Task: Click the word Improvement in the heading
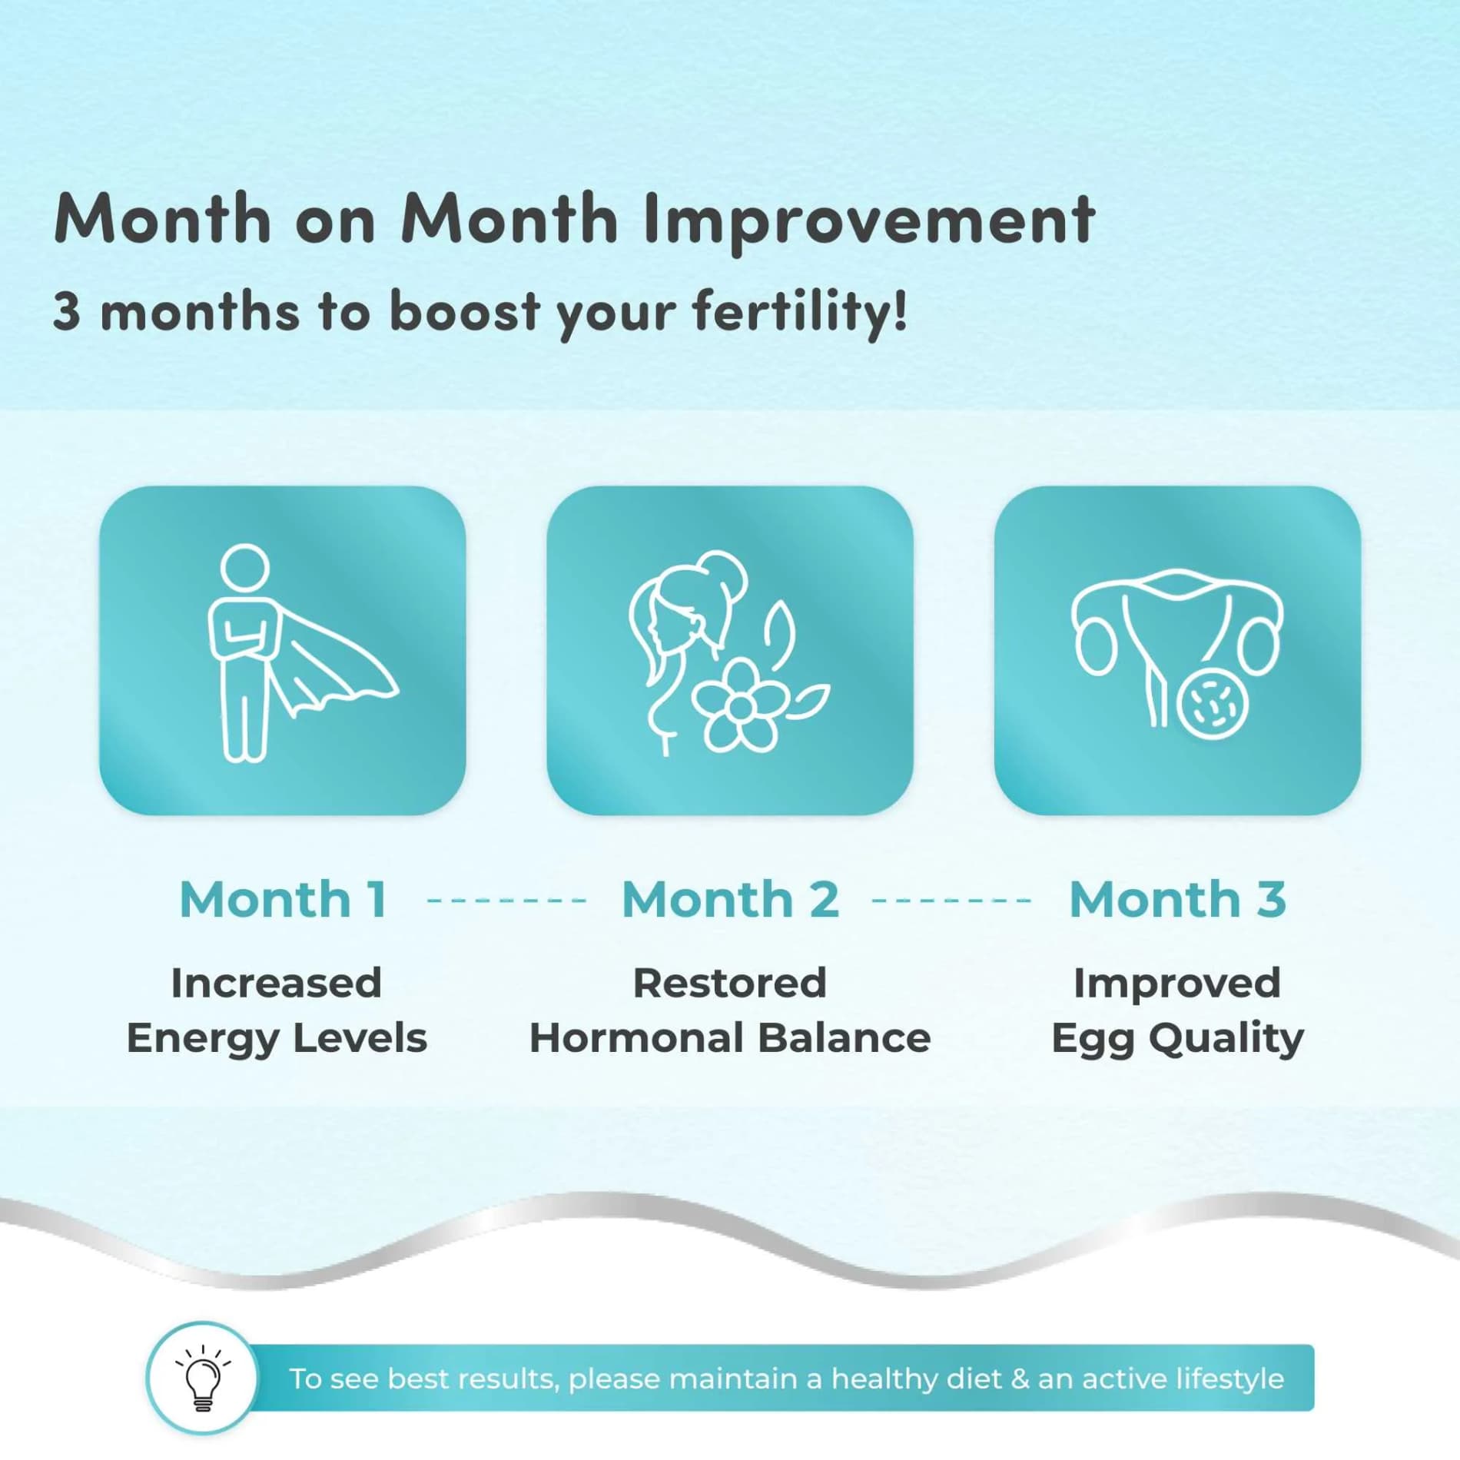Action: pos(869,220)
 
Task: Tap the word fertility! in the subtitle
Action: pos(799,312)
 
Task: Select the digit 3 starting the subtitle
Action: pos(66,312)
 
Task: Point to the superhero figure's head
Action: pos(244,567)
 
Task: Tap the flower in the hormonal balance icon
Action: pos(738,705)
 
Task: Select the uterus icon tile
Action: pos(1176,650)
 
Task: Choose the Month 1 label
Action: pos(283,899)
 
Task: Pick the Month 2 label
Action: pos(730,899)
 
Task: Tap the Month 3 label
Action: pos(1177,899)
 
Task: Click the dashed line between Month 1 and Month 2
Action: pos(506,900)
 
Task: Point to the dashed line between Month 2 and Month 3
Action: pos(952,900)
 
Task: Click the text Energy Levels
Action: pos(277,1038)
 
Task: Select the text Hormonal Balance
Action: pos(730,1038)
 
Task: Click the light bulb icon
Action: pos(202,1379)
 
